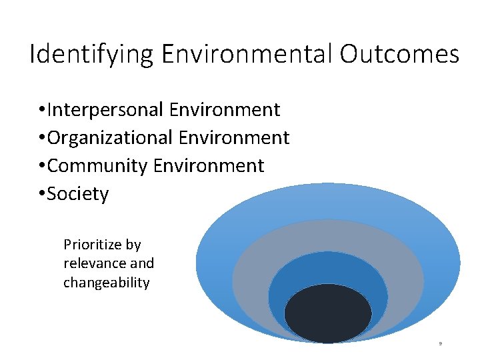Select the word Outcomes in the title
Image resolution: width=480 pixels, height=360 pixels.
[x=399, y=54]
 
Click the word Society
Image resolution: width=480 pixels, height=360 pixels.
[x=78, y=194]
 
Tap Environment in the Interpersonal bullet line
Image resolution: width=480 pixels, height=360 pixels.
[x=225, y=109]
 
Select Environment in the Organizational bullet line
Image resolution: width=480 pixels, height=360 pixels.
[x=234, y=137]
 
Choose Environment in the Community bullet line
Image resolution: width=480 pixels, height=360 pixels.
[x=209, y=165]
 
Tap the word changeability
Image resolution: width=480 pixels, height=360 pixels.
[x=107, y=283]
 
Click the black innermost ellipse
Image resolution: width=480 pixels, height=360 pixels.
[x=328, y=313]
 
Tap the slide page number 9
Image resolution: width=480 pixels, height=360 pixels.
[x=441, y=344]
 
